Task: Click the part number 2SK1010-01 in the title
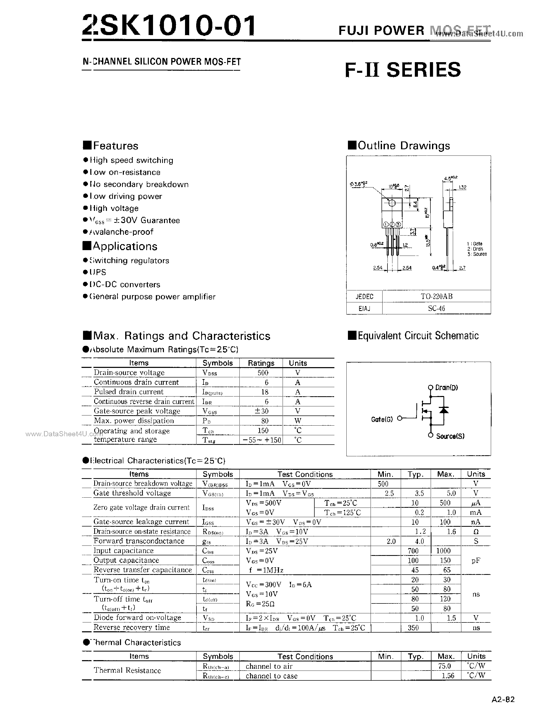coord(169,26)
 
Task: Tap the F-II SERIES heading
coord(403,70)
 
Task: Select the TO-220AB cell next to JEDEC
coord(436,296)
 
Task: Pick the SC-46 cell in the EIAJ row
coord(436,308)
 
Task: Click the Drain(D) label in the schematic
coord(446,388)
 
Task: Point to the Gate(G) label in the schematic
coord(382,419)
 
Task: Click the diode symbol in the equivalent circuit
coord(444,410)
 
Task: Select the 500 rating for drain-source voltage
coord(263,373)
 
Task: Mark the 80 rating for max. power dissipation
coord(265,421)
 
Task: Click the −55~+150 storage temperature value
coord(262,440)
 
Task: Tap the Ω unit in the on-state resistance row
coord(476,532)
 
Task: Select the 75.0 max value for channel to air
coord(444,666)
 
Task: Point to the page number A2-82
coord(503,700)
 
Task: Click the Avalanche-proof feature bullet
coord(121,232)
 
